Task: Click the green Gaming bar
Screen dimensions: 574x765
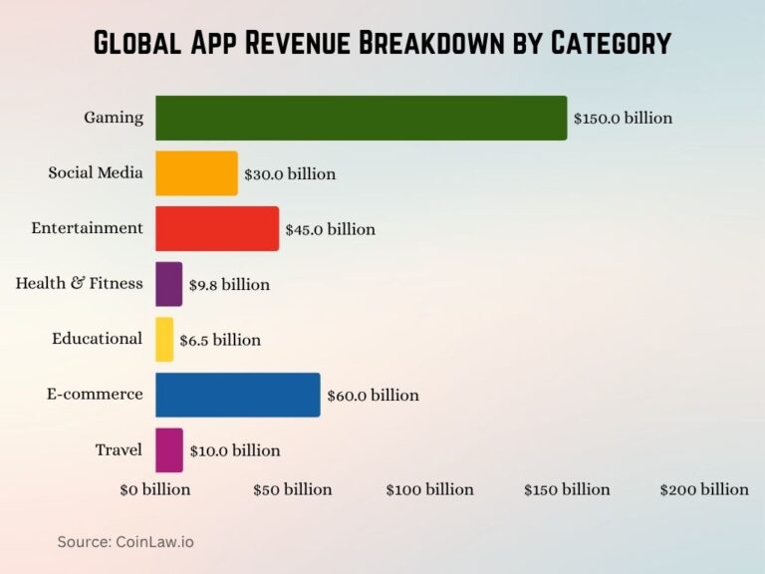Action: click(x=361, y=118)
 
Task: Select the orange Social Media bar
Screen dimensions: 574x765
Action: click(x=196, y=173)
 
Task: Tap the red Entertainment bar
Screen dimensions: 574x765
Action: click(x=217, y=228)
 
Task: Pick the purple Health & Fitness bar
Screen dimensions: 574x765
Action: click(x=169, y=284)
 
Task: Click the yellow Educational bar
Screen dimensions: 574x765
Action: click(x=164, y=339)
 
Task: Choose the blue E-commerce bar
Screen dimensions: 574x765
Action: click(x=238, y=395)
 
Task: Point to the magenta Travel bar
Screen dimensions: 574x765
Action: click(x=169, y=449)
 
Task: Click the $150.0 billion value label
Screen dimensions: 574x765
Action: click(x=623, y=118)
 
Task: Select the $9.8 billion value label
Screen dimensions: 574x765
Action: click(x=229, y=285)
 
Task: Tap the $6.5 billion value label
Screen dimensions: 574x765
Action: click(x=220, y=340)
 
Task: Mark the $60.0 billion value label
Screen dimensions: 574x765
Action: click(x=373, y=396)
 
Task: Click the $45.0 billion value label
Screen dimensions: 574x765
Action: click(x=330, y=229)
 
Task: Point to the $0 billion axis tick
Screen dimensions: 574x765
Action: click(x=154, y=489)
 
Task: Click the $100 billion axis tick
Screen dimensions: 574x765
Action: click(x=430, y=489)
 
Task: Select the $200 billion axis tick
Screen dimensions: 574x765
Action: click(x=704, y=489)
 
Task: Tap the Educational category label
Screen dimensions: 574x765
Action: click(x=98, y=339)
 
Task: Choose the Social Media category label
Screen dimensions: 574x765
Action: click(x=96, y=172)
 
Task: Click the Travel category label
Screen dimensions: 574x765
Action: click(x=120, y=449)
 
